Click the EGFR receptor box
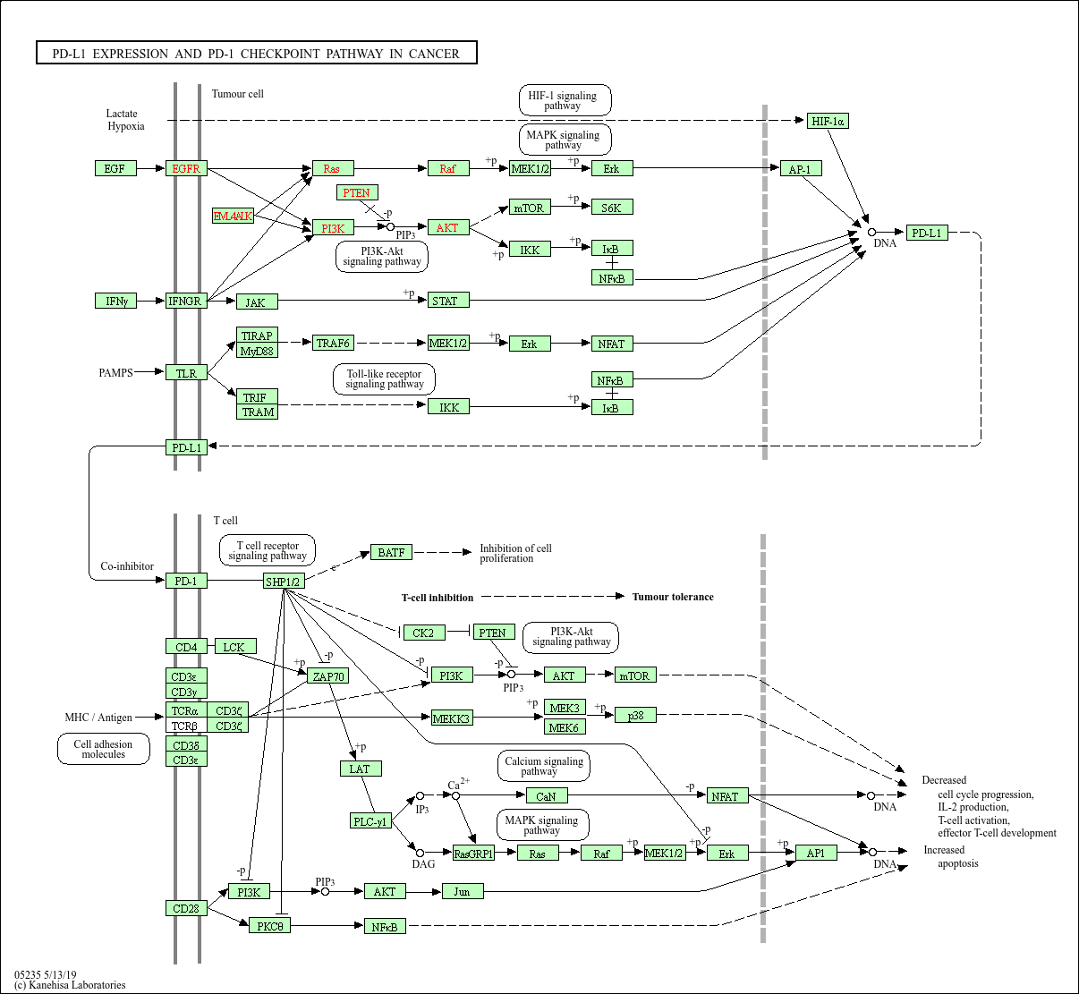click(186, 168)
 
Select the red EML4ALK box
click(233, 216)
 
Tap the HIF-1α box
click(828, 121)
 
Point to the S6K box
click(612, 207)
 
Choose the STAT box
click(448, 300)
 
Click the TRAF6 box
click(333, 343)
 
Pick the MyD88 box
click(257, 351)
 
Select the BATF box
click(391, 552)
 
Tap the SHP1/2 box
click(284, 581)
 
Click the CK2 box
click(424, 633)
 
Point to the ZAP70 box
click(327, 675)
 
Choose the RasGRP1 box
click(473, 853)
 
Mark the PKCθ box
click(269, 925)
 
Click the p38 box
click(636, 715)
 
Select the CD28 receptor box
click(186, 908)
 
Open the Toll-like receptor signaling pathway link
click(384, 378)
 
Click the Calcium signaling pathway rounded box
click(544, 766)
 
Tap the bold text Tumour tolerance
click(673, 597)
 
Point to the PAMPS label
click(115, 373)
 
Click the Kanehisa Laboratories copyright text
click(70, 984)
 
